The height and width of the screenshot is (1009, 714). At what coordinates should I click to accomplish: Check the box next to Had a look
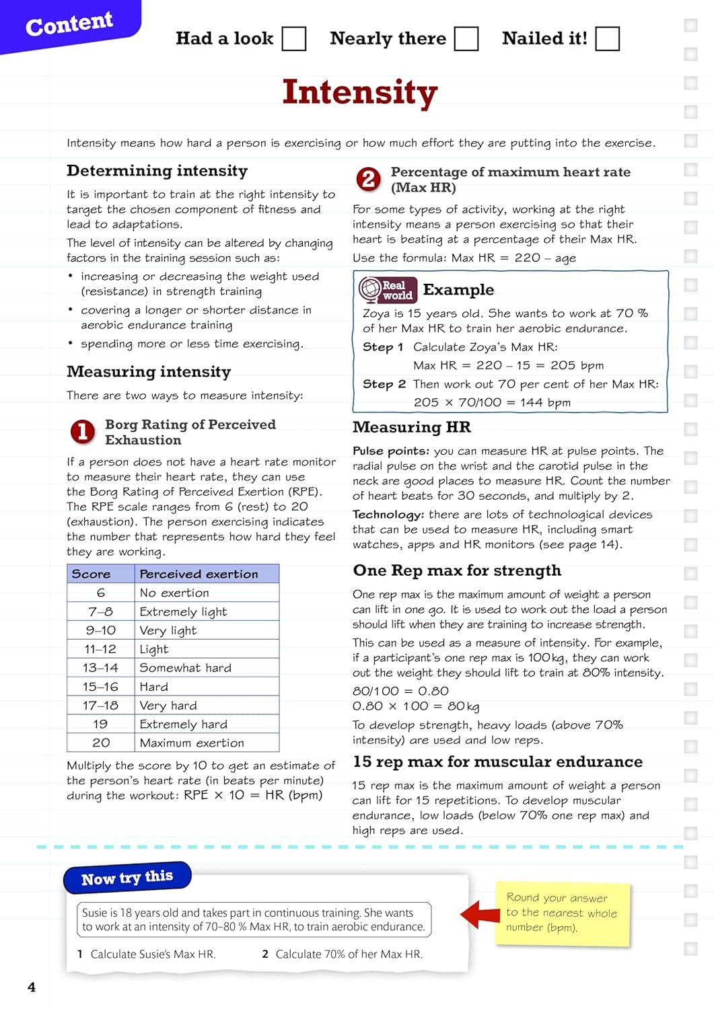click(x=293, y=39)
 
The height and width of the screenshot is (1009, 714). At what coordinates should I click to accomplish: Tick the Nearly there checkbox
click(x=466, y=39)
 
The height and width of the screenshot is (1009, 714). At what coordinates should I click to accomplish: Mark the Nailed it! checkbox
click(x=607, y=39)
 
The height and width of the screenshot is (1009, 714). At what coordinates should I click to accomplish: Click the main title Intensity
click(x=360, y=92)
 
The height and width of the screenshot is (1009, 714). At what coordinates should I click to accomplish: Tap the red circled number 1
click(x=83, y=432)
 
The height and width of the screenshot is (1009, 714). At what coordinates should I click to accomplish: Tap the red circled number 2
click(x=368, y=179)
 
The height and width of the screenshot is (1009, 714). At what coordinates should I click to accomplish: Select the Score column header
click(x=92, y=574)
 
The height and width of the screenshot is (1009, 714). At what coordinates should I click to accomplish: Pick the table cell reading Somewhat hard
click(x=185, y=668)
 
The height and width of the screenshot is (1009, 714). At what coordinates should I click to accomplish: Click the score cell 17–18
click(x=100, y=706)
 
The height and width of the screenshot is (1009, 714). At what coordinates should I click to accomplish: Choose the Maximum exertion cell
click(x=192, y=743)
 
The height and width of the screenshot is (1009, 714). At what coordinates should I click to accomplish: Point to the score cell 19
click(x=100, y=724)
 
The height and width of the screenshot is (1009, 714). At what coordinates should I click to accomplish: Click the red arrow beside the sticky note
click(x=480, y=915)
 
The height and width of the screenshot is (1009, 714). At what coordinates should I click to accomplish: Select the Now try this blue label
click(x=127, y=879)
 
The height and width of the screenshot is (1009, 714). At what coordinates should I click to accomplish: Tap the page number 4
click(x=32, y=987)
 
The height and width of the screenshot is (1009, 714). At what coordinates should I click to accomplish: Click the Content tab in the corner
click(x=69, y=25)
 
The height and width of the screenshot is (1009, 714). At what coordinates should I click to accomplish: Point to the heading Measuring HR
click(x=412, y=428)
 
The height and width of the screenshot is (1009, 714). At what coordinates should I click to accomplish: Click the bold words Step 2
click(x=384, y=384)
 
